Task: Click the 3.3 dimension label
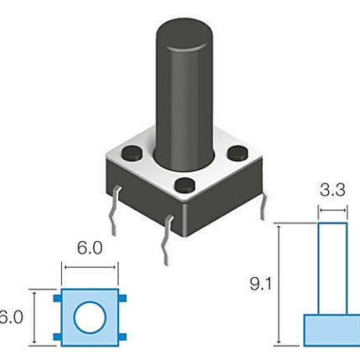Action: click(x=332, y=190)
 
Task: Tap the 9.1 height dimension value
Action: click(x=260, y=284)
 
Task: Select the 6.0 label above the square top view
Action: click(x=90, y=248)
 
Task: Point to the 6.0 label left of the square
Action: click(x=11, y=317)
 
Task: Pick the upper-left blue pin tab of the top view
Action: click(x=57, y=298)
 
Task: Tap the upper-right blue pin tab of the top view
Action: click(x=122, y=298)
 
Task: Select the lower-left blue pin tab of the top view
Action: click(x=57, y=337)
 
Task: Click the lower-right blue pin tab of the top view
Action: click(x=122, y=337)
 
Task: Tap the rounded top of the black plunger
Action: click(x=183, y=34)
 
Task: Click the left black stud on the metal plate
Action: click(x=131, y=153)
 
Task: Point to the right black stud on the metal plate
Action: click(x=238, y=152)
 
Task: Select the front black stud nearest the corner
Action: click(x=185, y=185)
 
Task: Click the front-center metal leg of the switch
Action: click(x=167, y=240)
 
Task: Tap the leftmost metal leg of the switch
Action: click(x=115, y=211)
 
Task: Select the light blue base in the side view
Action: click(x=332, y=331)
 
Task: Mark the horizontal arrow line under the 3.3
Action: click(x=332, y=210)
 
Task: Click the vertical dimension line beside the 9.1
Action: click(x=279, y=284)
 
